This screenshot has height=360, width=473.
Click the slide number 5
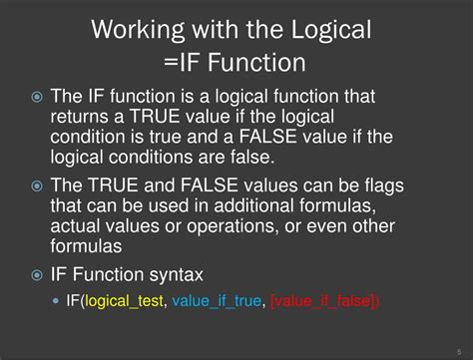pos(459,350)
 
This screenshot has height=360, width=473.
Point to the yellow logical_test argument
pos(125,301)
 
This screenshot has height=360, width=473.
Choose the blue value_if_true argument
pos(217,301)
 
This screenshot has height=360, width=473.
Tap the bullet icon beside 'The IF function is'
pos(38,98)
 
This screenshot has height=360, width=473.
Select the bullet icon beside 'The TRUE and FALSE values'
pos(38,185)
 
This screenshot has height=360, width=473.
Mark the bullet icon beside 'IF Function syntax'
pos(38,274)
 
